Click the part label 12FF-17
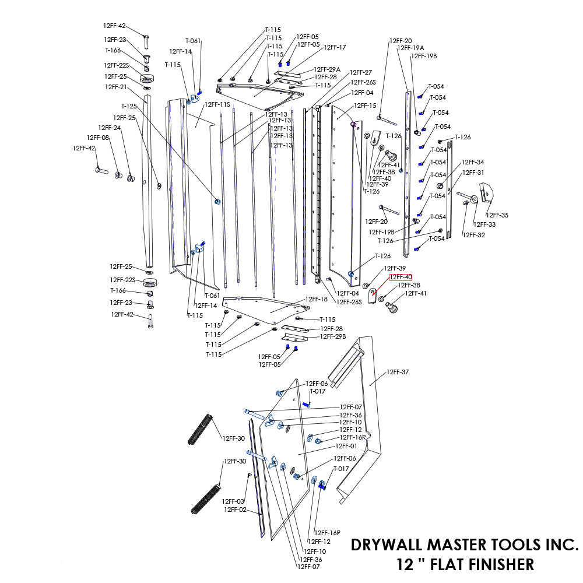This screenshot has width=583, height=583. (335, 47)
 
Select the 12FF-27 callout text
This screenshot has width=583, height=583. (361, 72)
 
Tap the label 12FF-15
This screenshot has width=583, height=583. (366, 106)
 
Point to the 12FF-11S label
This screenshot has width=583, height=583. (217, 104)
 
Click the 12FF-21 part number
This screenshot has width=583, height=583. (116, 87)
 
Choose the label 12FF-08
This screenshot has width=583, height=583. (98, 138)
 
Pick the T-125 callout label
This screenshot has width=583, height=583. (129, 106)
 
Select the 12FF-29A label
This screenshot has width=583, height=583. (327, 69)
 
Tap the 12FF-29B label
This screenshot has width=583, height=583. (333, 336)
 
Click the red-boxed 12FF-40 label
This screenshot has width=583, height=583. (401, 277)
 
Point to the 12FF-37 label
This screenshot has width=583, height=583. (398, 372)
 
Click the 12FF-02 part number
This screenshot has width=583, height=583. (235, 510)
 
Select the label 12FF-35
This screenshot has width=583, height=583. (497, 215)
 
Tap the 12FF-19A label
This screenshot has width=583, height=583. (410, 48)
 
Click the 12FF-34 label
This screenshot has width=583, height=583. (473, 162)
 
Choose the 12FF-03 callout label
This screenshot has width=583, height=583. (233, 501)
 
